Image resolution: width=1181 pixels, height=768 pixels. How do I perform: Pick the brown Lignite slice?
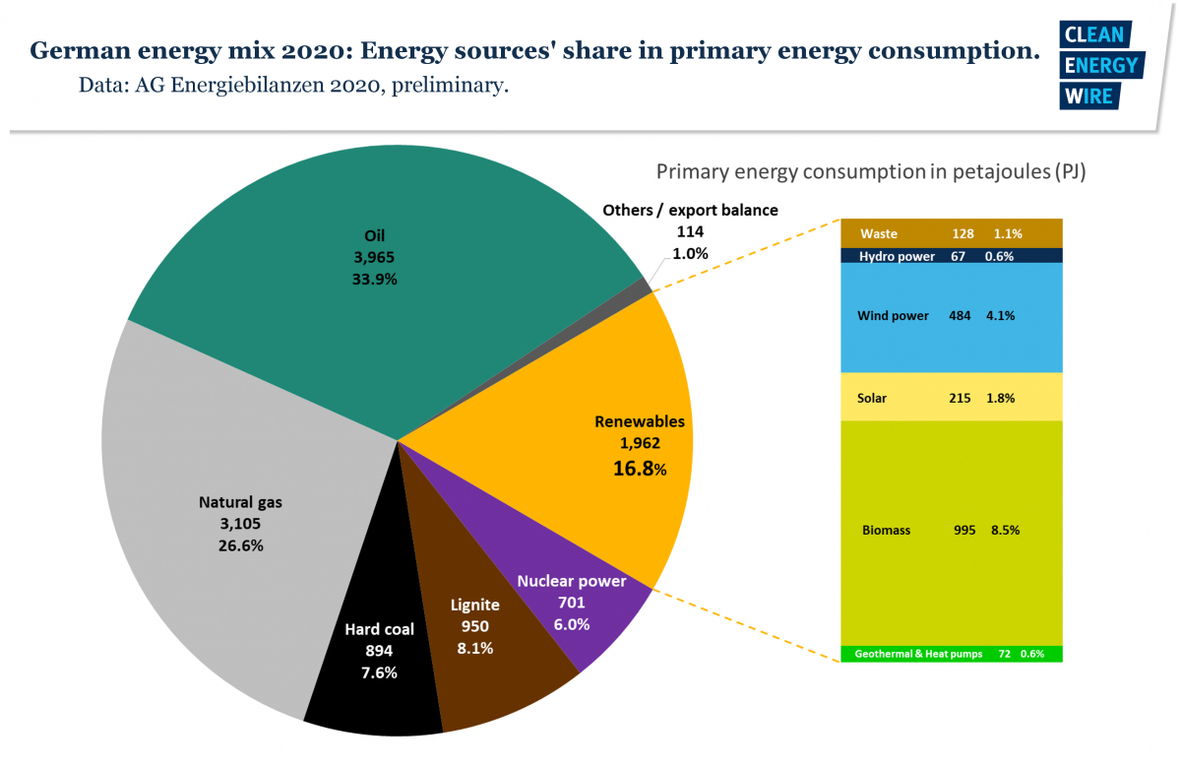[x=492, y=679]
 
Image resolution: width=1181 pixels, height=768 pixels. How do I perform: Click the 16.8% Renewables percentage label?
[x=640, y=469]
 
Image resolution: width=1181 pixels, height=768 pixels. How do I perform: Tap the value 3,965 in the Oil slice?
[x=375, y=257]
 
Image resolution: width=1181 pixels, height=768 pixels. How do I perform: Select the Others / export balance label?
[x=690, y=210]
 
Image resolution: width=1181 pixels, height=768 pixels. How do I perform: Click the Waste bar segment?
[x=951, y=233]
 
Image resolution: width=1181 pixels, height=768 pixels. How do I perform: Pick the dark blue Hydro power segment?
[x=951, y=256]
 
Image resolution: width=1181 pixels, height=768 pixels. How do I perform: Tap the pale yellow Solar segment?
[x=951, y=397]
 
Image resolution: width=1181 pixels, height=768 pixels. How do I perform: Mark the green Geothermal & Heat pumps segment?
[x=951, y=654]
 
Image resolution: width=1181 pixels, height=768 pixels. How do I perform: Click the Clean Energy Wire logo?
[x=1099, y=64]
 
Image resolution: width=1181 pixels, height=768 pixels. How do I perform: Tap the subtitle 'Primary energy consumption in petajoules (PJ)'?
[x=870, y=172]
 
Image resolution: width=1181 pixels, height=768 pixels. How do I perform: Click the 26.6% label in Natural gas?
[x=240, y=544]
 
